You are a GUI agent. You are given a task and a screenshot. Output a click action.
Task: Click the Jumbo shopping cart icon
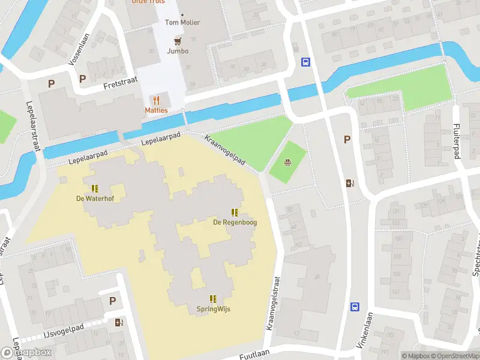tap(177, 41)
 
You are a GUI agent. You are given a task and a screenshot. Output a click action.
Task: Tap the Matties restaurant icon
tap(157, 100)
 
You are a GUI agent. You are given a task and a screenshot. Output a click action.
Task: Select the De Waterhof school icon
tap(95, 188)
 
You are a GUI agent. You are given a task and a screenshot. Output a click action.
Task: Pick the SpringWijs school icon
tap(213, 299)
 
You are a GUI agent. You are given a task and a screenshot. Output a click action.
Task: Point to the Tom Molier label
tap(182, 23)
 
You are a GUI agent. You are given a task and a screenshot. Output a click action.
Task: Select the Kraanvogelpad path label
tap(225, 149)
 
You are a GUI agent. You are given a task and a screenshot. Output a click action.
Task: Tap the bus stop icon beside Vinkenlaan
tap(355, 306)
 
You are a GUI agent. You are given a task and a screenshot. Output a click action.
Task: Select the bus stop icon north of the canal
tap(305, 62)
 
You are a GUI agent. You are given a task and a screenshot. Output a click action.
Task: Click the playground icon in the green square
tap(288, 161)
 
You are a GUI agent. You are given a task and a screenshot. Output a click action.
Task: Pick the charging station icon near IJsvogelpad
tap(119, 322)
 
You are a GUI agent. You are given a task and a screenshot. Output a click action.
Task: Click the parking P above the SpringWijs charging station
tap(112, 301)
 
